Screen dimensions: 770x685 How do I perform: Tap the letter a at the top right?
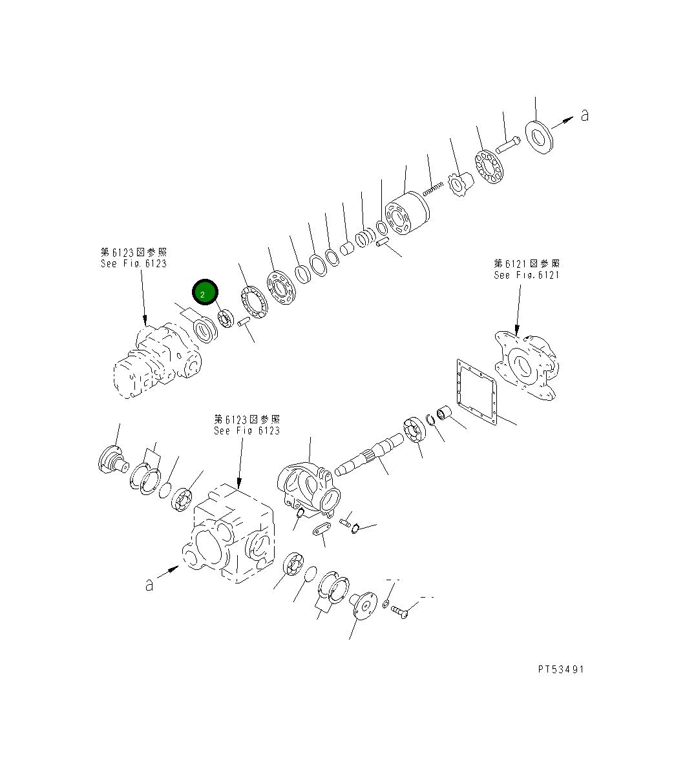tap(584, 116)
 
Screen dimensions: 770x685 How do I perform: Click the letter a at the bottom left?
tap(149, 585)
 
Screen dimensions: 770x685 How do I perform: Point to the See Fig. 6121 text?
tap(527, 275)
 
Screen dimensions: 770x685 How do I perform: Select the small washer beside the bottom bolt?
tap(385, 603)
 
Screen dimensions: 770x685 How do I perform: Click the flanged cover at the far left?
tap(114, 460)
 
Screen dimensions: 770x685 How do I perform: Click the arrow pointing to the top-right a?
tap(564, 120)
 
